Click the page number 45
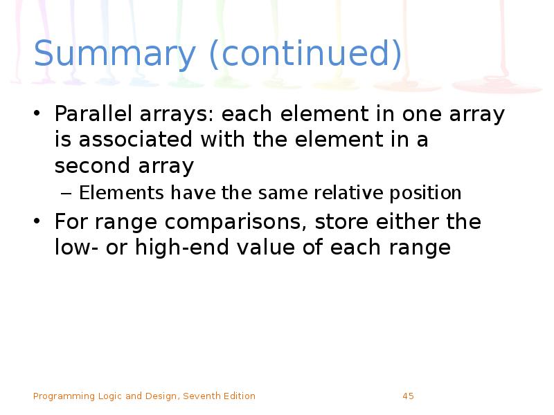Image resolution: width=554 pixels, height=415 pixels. tap(408, 396)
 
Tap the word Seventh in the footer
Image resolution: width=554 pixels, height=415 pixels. tap(203, 396)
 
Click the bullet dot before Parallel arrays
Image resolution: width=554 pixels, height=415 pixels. tap(39, 115)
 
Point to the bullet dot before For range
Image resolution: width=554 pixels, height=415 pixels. tap(39, 223)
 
